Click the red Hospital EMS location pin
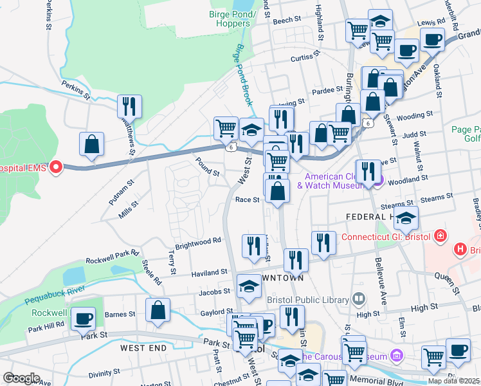click(55, 168)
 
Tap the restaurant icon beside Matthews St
click(129, 107)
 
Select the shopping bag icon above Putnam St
click(92, 145)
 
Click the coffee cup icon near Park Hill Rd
click(82, 319)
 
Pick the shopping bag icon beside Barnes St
click(158, 311)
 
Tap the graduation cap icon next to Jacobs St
click(249, 287)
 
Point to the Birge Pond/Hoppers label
click(233, 19)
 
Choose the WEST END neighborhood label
click(143, 348)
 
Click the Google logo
click(21, 378)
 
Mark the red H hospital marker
click(460, 249)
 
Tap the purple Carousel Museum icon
click(397, 356)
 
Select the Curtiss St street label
click(305, 59)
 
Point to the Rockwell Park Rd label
click(113, 257)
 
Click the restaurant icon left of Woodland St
click(368, 172)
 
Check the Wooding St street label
click(415, 116)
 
